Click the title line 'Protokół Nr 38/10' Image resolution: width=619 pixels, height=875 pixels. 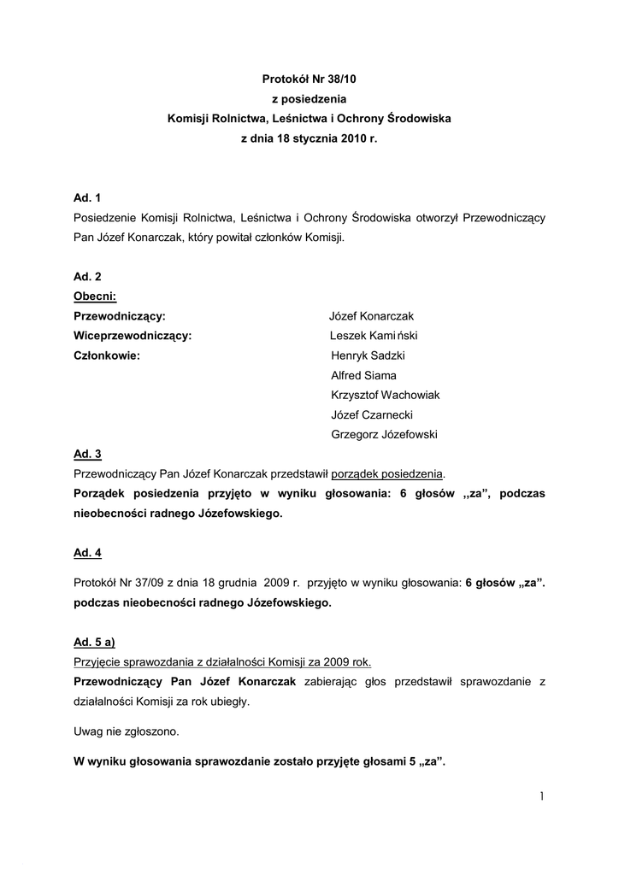coord(309,79)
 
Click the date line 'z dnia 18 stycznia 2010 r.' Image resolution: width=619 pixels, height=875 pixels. coord(309,138)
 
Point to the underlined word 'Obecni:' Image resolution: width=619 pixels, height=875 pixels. coord(95,297)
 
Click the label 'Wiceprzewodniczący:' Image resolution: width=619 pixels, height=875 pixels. coord(133,336)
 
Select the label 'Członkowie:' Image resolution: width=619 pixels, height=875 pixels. coord(107,355)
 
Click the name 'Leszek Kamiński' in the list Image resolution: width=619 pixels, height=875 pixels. coord(373,336)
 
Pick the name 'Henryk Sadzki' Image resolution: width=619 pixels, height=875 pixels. coord(367,355)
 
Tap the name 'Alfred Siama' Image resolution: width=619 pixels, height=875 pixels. coord(363,375)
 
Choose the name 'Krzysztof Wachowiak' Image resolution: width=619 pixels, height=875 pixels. coord(385,395)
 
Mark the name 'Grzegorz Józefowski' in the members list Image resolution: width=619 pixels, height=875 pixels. coord(384,434)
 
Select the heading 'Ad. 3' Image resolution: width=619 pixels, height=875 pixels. coord(87,454)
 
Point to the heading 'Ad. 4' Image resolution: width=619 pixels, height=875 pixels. coord(87,553)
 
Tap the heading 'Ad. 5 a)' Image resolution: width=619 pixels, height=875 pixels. coord(95,642)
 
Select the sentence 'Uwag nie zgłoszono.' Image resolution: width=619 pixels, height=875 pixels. coord(127,731)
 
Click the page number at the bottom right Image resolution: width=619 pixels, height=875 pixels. coord(542,796)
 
